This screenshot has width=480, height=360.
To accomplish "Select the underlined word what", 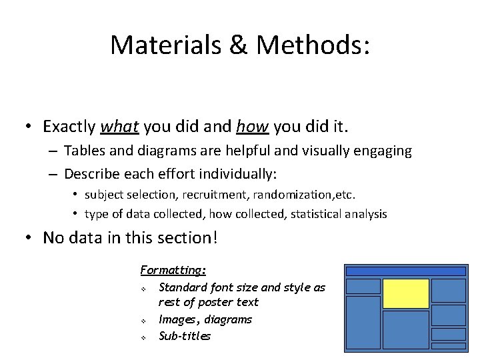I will pyautogui.click(x=119, y=126).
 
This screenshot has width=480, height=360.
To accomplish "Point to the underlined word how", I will pyautogui.click(x=252, y=126).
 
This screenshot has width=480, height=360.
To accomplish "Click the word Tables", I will pyautogui.click(x=85, y=151).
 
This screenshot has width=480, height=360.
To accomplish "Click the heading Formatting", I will pyautogui.click(x=173, y=270).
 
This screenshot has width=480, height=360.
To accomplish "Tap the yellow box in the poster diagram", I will pyautogui.click(x=405, y=293).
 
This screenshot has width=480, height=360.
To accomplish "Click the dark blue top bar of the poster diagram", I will pyautogui.click(x=405, y=271).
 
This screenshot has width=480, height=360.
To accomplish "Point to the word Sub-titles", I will pyautogui.click(x=185, y=336).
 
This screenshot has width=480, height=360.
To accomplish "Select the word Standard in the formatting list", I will pyautogui.click(x=183, y=287).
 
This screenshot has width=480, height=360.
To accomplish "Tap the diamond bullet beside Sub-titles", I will pyautogui.click(x=143, y=337).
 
